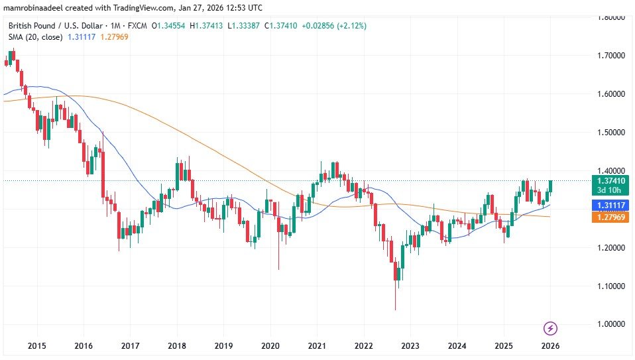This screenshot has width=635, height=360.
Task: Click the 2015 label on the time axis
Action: point(36,346)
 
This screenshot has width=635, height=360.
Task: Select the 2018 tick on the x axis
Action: point(176,346)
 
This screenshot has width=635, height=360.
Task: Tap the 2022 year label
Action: point(363,346)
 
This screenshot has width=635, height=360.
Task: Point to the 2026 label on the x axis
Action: point(549,346)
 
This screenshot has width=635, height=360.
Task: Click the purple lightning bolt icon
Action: point(549,328)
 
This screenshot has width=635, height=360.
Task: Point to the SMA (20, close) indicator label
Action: point(34,37)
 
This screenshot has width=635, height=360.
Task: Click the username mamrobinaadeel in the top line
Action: point(34,7)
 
